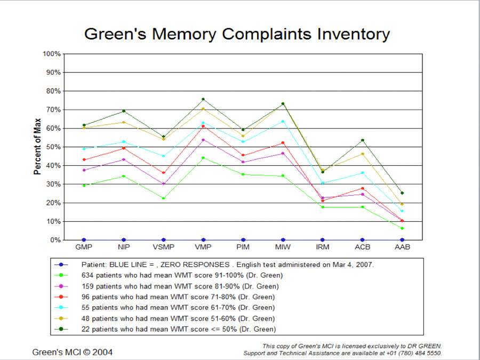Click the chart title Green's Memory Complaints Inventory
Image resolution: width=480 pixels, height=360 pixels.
pos(237,34)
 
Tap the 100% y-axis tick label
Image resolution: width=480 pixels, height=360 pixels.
pos(52,54)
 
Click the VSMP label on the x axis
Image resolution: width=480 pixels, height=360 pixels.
pos(163,247)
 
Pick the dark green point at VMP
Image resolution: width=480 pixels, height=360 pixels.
pos(203,99)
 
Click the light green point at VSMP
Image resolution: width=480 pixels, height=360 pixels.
pos(163,198)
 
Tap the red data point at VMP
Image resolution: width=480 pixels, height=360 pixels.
pos(203,126)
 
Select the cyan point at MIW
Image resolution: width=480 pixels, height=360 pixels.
pos(283,121)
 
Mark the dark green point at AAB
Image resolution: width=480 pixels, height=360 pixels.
pos(402,193)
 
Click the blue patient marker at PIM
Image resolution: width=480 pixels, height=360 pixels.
pos(243,240)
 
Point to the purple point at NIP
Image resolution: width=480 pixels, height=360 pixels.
pos(124,159)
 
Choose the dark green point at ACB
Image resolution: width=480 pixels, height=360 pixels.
pos(362,140)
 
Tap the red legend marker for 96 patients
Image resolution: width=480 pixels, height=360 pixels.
pos(61,297)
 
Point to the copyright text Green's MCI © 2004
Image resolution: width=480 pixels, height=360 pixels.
pos(73,352)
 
